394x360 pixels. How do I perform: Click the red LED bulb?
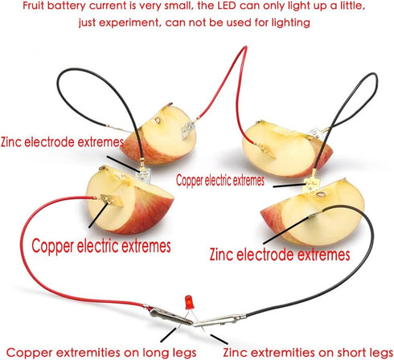coord(189,302)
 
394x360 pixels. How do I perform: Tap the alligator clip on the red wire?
coord(170,316)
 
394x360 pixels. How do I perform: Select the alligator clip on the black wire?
coord(219,321)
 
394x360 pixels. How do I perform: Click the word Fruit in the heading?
coord(33,6)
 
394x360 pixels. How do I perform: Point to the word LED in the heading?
coord(227,6)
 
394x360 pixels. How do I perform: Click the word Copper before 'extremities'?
coord(26,353)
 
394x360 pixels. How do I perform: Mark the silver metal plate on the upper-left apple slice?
coord(187,130)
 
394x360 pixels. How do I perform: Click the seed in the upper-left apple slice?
coord(158,121)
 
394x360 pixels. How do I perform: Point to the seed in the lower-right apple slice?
coord(320,194)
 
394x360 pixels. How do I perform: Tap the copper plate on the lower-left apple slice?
coord(112,200)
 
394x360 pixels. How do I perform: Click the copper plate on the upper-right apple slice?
coord(267,150)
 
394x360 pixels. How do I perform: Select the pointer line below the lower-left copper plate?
coord(98,215)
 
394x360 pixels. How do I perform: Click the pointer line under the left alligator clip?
coord(169,335)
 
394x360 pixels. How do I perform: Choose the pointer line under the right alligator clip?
coord(220,339)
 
